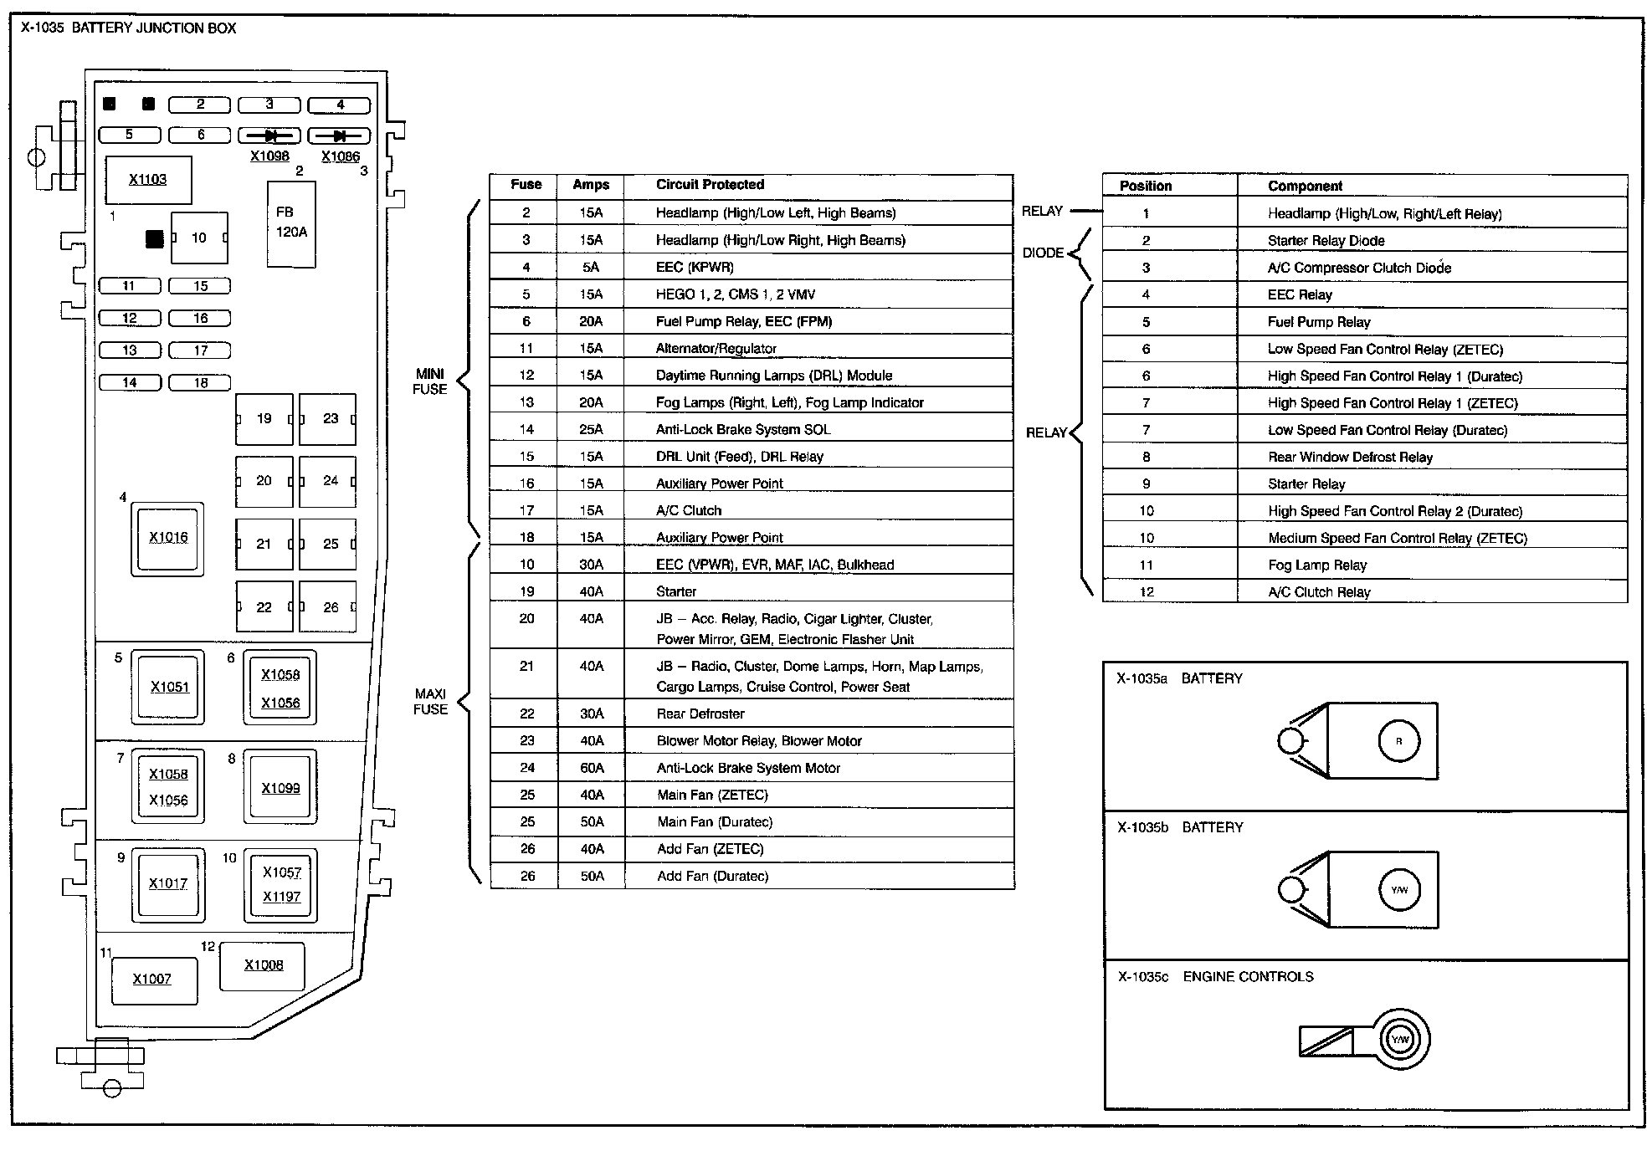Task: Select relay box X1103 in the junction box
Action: click(x=148, y=180)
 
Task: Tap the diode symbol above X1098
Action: click(x=269, y=136)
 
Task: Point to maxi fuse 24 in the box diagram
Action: click(x=328, y=482)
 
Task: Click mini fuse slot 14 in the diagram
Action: click(x=130, y=383)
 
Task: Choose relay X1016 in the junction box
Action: click(x=168, y=539)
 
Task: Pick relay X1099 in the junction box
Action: click(x=280, y=788)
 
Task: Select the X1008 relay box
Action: click(x=263, y=966)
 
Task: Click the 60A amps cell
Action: click(x=592, y=768)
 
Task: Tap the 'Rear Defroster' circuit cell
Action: click(x=700, y=714)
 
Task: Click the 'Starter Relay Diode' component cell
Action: click(x=1326, y=241)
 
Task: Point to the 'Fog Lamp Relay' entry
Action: click(x=1316, y=565)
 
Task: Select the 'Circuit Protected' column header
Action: click(x=710, y=185)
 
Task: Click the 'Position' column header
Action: click(x=1145, y=187)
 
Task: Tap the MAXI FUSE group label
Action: click(x=430, y=702)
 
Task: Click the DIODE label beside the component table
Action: click(x=1043, y=253)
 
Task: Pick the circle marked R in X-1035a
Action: click(x=1398, y=741)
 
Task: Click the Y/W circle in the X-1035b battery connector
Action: click(x=1399, y=890)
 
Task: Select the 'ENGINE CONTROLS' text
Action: click(x=1248, y=977)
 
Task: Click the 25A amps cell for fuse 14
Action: click(x=591, y=430)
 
